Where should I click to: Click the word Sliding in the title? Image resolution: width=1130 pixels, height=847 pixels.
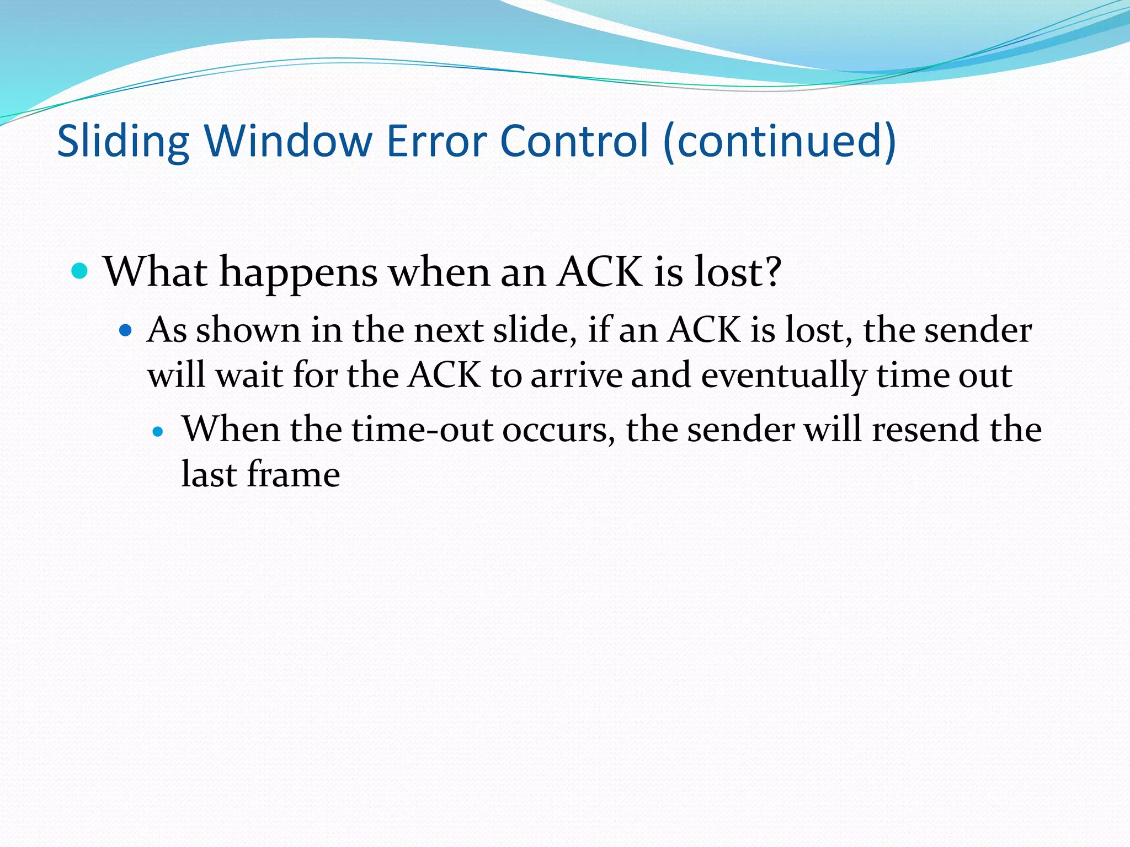pos(122,142)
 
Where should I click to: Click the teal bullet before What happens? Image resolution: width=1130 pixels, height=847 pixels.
pos(80,271)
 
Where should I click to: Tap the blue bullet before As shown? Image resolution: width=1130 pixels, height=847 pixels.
pos(126,331)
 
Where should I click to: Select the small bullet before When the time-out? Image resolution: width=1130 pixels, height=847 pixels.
pos(158,432)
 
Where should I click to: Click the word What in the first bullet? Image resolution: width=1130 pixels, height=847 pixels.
pos(155,271)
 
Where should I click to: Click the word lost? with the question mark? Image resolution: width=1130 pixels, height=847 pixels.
pos(737,271)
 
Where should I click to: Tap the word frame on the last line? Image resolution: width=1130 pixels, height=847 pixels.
pos(293,475)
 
